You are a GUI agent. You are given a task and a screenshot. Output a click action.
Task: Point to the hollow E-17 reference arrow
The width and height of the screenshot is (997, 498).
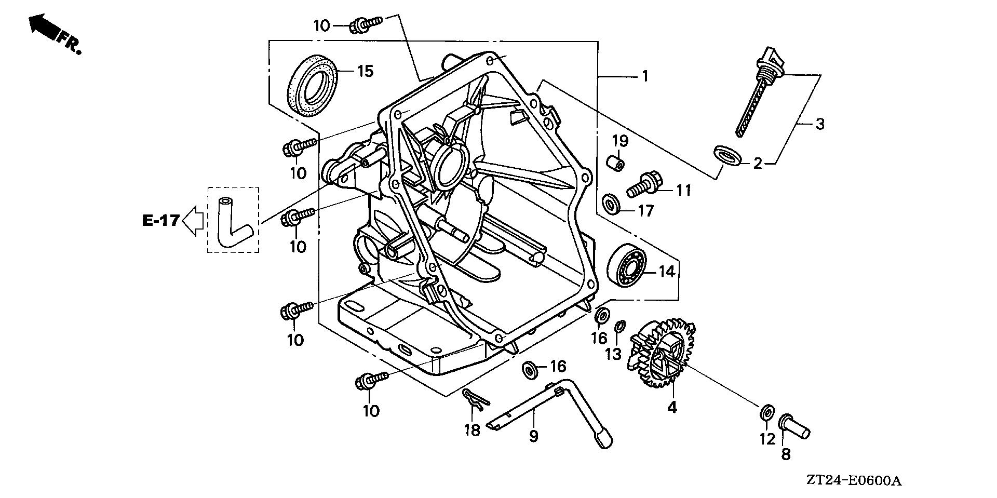[x=193, y=221]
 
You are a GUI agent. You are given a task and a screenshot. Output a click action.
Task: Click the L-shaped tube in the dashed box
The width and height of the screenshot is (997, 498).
[x=231, y=223]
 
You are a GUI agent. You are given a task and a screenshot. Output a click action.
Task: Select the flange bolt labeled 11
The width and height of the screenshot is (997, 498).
[x=644, y=186]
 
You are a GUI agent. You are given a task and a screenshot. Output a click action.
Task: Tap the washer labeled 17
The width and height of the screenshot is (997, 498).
[x=611, y=204]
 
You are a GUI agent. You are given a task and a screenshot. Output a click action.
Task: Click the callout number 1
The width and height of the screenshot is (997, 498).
[x=644, y=77]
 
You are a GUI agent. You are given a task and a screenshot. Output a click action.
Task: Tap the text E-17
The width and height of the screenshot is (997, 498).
[x=160, y=221]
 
